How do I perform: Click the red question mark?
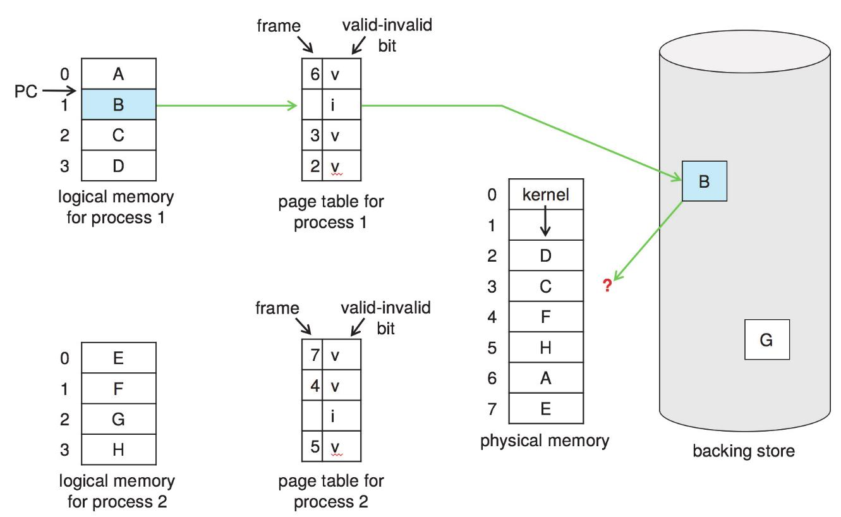coord(608,286)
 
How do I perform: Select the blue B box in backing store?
coord(704,181)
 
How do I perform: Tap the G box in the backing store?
coord(765,340)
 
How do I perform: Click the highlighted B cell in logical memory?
coord(119,105)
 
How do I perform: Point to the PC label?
coord(26,92)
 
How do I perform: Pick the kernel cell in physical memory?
coord(546,195)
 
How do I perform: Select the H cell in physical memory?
coord(546,348)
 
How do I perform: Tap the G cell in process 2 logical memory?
coord(119,419)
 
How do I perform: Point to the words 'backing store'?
coord(743,451)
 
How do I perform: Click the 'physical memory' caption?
coord(545,441)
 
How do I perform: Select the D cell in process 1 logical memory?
coord(119,166)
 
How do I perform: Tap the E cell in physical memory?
coord(546,409)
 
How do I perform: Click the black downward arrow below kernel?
coord(546,224)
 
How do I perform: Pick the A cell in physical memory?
coord(546,379)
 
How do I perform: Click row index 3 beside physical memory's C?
coord(492,286)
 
